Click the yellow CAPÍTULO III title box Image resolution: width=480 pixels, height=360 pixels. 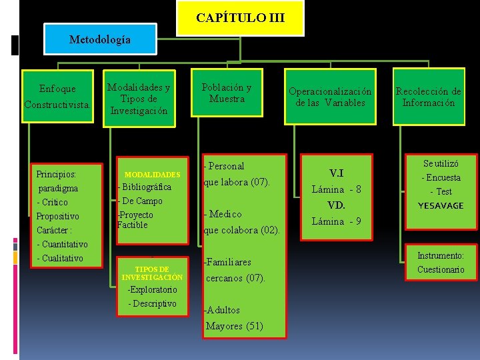(x=240, y=18)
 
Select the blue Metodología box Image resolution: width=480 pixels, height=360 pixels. (x=100, y=39)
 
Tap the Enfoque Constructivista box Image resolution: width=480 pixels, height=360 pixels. (x=58, y=96)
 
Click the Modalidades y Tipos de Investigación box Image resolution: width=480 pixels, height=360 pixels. (x=139, y=99)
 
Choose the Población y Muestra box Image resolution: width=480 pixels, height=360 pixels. (x=227, y=93)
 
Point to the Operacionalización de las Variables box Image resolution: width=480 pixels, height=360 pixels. (x=330, y=97)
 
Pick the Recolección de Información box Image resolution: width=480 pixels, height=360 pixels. (x=429, y=97)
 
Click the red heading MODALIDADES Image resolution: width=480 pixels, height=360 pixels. (x=153, y=175)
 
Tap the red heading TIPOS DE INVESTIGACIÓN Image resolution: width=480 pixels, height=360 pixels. (x=152, y=273)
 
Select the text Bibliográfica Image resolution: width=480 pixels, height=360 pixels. (x=145, y=187)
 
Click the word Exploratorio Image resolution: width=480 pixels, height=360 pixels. (x=153, y=290)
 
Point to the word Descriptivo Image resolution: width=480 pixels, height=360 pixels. (x=153, y=303)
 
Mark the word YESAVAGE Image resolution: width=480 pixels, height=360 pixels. (x=441, y=205)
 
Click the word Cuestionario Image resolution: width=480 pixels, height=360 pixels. (x=441, y=269)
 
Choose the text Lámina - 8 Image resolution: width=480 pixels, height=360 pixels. (x=337, y=189)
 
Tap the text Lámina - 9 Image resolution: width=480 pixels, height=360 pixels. (x=337, y=221)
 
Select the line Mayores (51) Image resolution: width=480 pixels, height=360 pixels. (x=235, y=326)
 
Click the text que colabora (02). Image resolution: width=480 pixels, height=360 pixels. (x=241, y=230)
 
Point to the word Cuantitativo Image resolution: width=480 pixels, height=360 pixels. (x=65, y=244)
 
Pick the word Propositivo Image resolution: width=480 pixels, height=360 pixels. (x=57, y=216)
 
